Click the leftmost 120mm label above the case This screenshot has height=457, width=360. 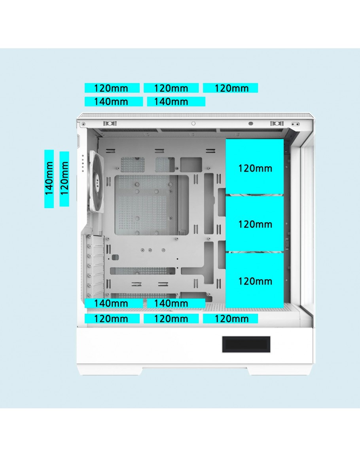click(x=112, y=88)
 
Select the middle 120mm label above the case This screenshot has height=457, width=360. click(x=171, y=88)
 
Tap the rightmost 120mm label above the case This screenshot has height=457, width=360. click(x=230, y=88)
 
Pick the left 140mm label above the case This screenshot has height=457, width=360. click(x=114, y=102)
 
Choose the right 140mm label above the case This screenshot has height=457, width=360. click(x=176, y=102)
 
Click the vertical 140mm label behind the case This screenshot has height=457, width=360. click(x=49, y=178)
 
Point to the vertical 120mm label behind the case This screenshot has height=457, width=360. click(x=64, y=179)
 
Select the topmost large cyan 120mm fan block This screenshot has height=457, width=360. click(x=254, y=167)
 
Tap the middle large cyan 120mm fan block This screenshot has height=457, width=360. click(x=254, y=224)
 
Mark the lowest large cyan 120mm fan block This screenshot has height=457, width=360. click(x=254, y=280)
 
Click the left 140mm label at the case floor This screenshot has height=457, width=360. click(x=114, y=303)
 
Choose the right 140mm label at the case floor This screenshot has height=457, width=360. click(x=176, y=303)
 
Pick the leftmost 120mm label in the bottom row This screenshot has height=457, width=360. click(x=112, y=319)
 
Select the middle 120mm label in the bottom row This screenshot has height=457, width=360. click(x=171, y=319)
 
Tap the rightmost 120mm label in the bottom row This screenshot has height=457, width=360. click(x=230, y=319)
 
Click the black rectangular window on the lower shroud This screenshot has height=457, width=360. click(x=246, y=344)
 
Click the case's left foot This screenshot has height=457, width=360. click(x=110, y=370)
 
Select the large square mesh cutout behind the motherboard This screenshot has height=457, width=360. click(x=146, y=205)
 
